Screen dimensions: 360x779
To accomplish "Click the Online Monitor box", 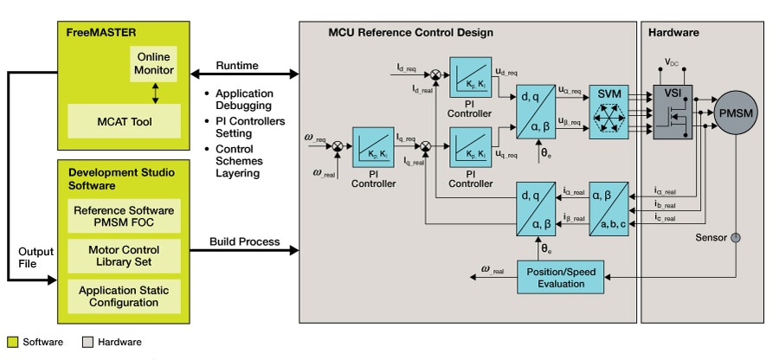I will [x=155, y=63].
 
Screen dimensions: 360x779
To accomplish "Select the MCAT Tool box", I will [x=124, y=122].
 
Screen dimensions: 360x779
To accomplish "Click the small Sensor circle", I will [x=736, y=236].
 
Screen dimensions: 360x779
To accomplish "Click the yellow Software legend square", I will [x=12, y=342].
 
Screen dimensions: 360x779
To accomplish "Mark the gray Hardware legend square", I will [x=88, y=342].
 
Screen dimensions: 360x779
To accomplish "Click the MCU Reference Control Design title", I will [x=410, y=32].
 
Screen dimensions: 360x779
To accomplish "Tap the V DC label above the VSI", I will [x=672, y=63].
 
